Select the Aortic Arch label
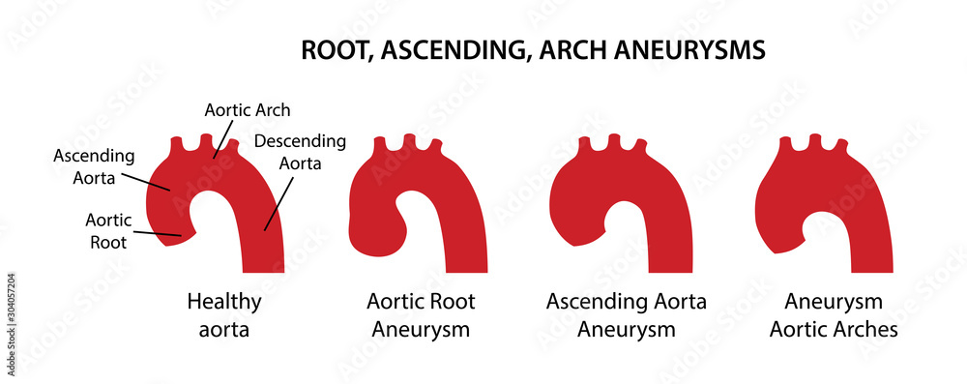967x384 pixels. tap(247, 110)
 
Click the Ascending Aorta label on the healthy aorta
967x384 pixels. tap(94, 165)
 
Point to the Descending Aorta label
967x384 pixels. tap(299, 152)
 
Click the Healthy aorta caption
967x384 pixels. tap(224, 315)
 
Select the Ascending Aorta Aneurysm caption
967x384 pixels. tap(626, 315)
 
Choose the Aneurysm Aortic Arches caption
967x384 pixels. tap(833, 315)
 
